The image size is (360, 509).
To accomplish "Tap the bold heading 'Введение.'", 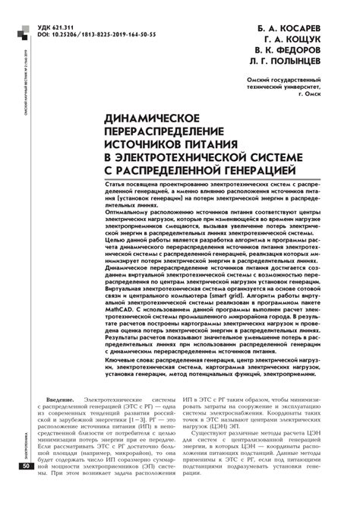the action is pyautogui.click(x=60, y=400).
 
